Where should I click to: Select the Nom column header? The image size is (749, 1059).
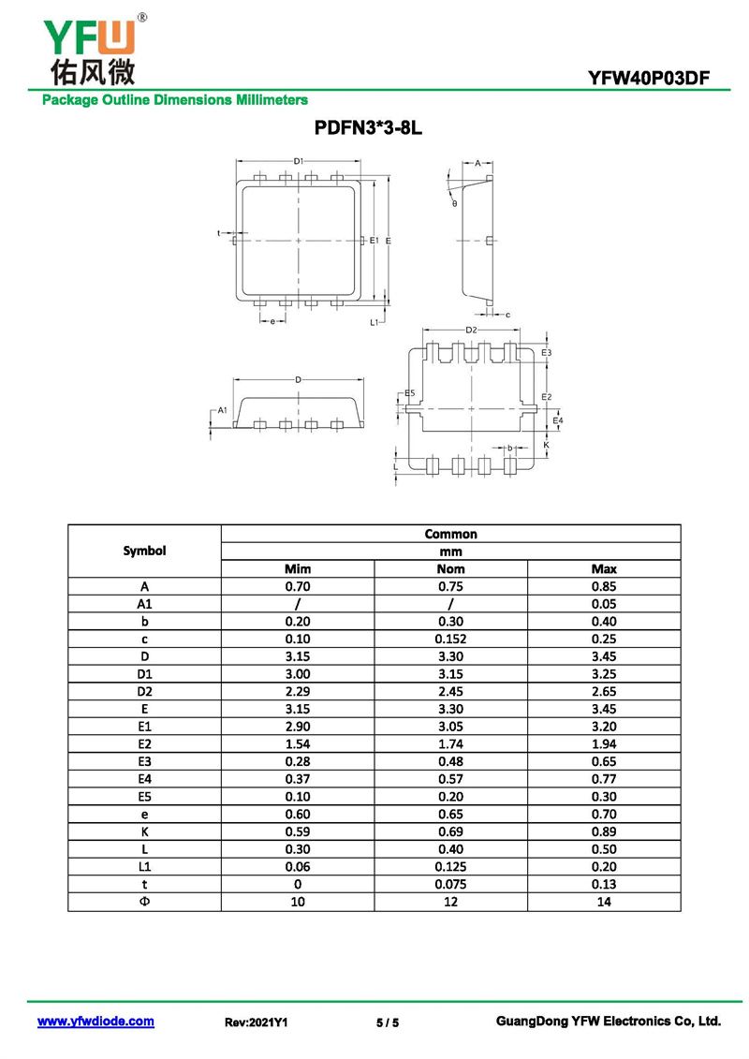click(x=450, y=568)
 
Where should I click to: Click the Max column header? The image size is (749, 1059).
click(x=604, y=568)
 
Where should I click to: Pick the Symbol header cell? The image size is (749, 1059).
click(x=144, y=551)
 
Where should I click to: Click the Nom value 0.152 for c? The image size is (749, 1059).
click(x=450, y=639)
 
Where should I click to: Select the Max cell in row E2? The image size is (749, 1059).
click(x=604, y=743)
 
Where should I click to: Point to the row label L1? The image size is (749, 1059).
click(x=144, y=866)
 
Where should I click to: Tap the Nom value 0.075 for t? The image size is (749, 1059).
click(x=450, y=884)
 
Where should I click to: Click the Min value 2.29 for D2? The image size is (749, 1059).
click(x=297, y=691)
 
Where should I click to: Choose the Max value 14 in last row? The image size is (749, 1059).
click(x=604, y=902)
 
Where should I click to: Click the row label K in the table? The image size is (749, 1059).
click(x=144, y=831)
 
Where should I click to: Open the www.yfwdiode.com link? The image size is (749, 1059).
click(x=95, y=1022)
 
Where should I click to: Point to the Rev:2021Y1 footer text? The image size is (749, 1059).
click(x=256, y=1022)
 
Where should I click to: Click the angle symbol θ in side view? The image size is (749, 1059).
click(x=454, y=203)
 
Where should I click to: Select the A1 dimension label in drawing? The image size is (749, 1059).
click(x=222, y=410)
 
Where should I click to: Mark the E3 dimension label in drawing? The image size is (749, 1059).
click(x=547, y=352)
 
